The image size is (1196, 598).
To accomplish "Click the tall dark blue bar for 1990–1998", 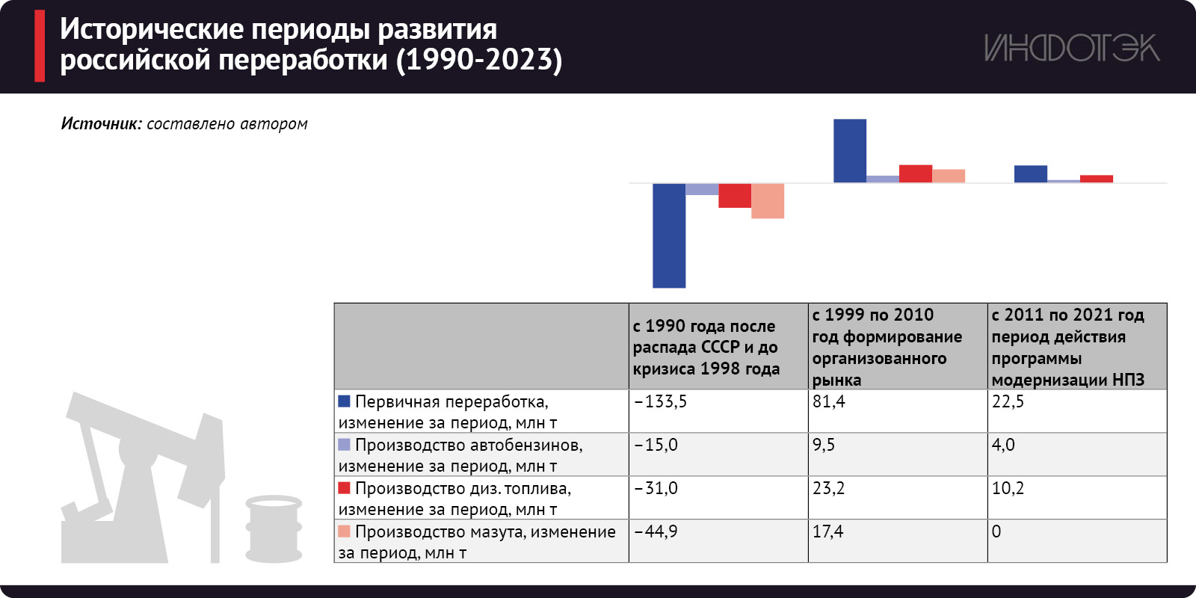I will [x=669, y=235].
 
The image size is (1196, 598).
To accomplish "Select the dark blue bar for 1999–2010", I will [x=850, y=151].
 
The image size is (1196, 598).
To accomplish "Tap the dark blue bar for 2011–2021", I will [x=1030, y=174].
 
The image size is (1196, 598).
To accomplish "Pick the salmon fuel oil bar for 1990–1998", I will [x=768, y=201].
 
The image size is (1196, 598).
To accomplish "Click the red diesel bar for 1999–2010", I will [x=916, y=173].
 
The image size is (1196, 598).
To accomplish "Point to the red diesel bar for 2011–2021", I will [x=1097, y=179].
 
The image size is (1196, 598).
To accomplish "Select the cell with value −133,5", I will [x=718, y=410].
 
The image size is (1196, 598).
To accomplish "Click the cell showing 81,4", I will [x=897, y=410].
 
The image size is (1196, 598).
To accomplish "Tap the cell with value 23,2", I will [x=897, y=497].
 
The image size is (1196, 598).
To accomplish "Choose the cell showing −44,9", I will [x=718, y=540].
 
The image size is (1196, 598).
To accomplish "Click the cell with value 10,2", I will [x=1076, y=497].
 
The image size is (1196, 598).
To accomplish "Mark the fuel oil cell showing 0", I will [x=1076, y=540].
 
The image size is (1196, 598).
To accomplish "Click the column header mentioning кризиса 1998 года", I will [x=718, y=347].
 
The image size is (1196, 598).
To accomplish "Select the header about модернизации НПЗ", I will [x=1076, y=347].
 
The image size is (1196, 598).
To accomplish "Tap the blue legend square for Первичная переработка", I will [x=345, y=401].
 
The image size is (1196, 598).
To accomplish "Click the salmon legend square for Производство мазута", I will [x=345, y=531].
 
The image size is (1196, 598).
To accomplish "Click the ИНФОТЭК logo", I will [x=1071, y=49].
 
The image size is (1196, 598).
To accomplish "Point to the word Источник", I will [x=101, y=124].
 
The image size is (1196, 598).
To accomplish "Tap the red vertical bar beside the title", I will [x=40, y=46].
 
